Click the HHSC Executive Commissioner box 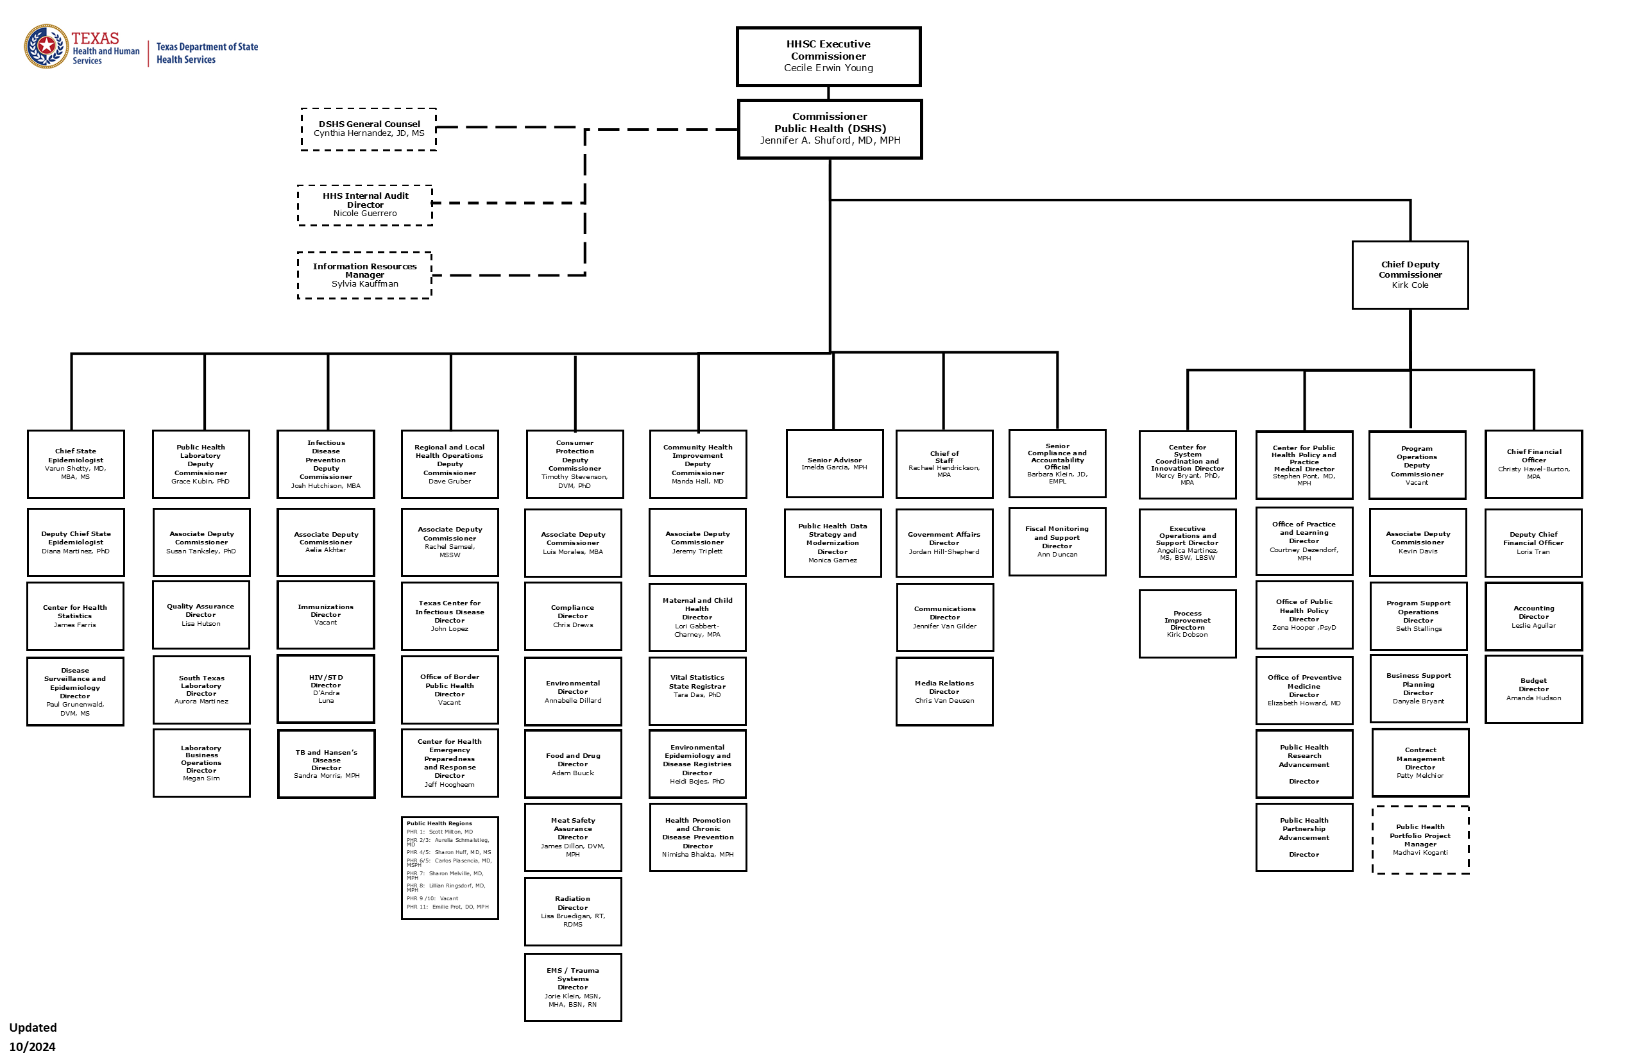point(828,56)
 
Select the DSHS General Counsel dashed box point(368,129)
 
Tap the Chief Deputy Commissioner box point(1410,275)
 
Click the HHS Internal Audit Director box point(365,205)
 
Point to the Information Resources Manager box point(364,275)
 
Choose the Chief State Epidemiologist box point(76,464)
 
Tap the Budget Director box point(1533,689)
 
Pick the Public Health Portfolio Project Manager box point(1420,839)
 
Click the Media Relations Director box point(944,691)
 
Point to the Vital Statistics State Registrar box point(698,691)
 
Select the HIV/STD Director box point(326,689)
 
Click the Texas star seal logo point(46,46)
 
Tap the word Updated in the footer point(33,1028)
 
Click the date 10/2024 point(32,1046)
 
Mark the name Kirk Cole point(1410,285)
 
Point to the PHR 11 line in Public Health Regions point(448,907)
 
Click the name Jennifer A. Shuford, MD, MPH point(830,140)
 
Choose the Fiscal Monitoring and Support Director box point(1057,541)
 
